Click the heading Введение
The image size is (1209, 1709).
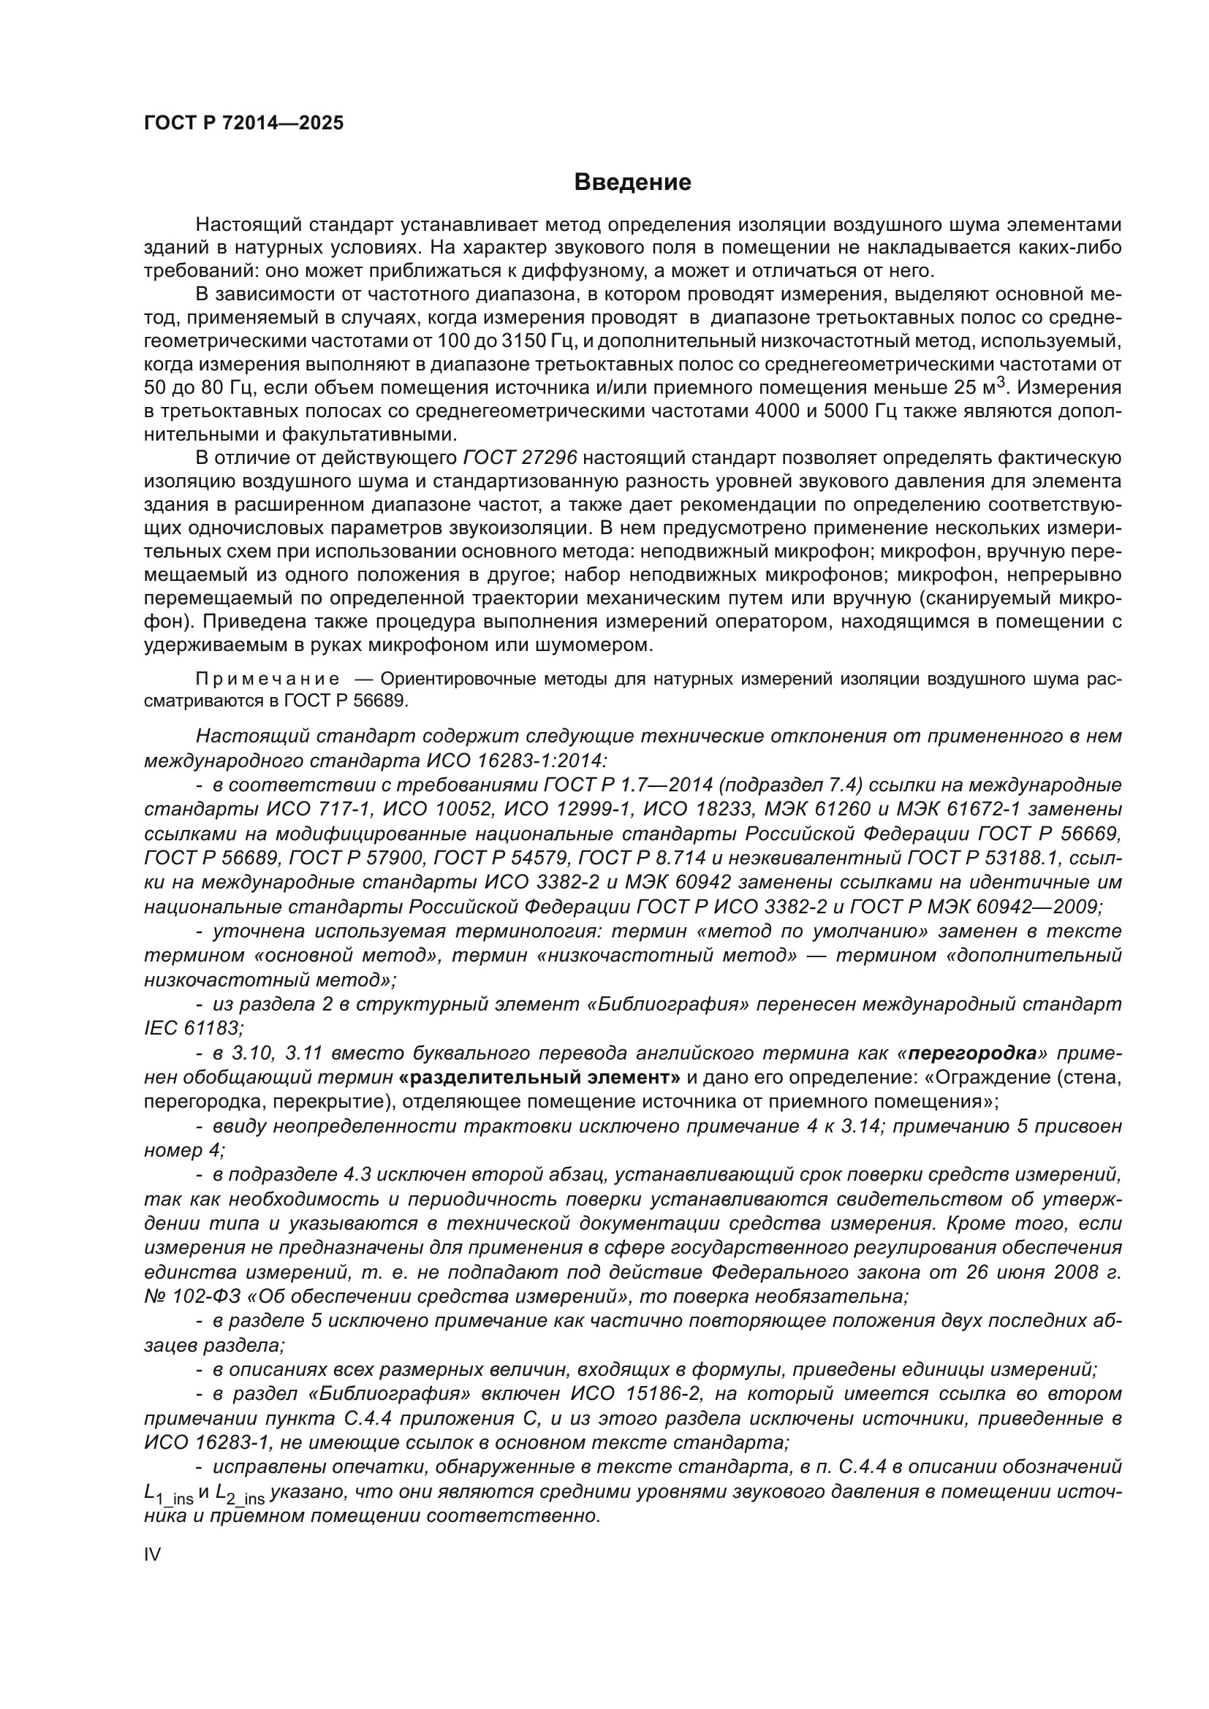632,183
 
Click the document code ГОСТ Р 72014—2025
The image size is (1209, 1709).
243,123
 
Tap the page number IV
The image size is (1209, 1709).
152,1554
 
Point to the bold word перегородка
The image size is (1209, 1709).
973,1054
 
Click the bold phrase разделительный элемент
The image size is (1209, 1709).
539,1077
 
